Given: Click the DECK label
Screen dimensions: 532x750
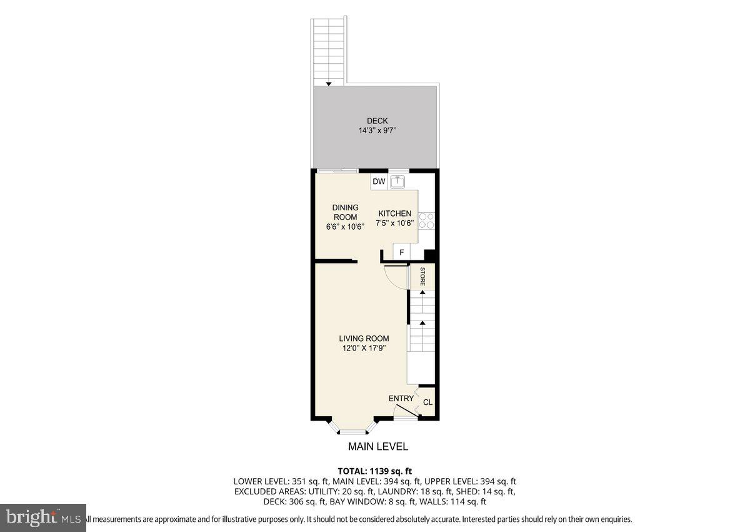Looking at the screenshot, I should pyautogui.click(x=377, y=121).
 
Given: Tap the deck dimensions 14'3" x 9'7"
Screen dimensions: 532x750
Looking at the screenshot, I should pyautogui.click(x=377, y=131).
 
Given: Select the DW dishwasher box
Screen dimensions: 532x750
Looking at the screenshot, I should pyautogui.click(x=379, y=182).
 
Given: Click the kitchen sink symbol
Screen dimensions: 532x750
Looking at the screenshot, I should pyautogui.click(x=398, y=182).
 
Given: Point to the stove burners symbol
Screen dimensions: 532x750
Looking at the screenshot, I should pyautogui.click(x=427, y=220).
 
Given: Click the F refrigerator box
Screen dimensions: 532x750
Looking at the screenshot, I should pyautogui.click(x=401, y=252).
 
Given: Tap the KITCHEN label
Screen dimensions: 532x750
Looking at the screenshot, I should pyautogui.click(x=394, y=213).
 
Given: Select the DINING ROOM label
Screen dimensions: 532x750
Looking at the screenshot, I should pyautogui.click(x=345, y=212).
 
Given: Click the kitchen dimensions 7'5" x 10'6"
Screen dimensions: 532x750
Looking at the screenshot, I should pyautogui.click(x=394, y=223).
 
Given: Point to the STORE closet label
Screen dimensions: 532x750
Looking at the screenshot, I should pyautogui.click(x=422, y=276).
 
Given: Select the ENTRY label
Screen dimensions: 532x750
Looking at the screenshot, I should pyautogui.click(x=401, y=399).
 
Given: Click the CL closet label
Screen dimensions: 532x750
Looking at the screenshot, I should pyautogui.click(x=427, y=402).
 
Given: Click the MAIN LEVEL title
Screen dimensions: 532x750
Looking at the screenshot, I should pyautogui.click(x=377, y=446).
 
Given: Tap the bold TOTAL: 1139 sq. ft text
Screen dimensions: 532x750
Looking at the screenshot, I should pyautogui.click(x=374, y=471).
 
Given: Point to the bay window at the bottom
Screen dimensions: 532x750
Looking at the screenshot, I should pyautogui.click(x=354, y=428).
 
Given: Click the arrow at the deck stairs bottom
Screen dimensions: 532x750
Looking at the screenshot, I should pyautogui.click(x=329, y=83).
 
